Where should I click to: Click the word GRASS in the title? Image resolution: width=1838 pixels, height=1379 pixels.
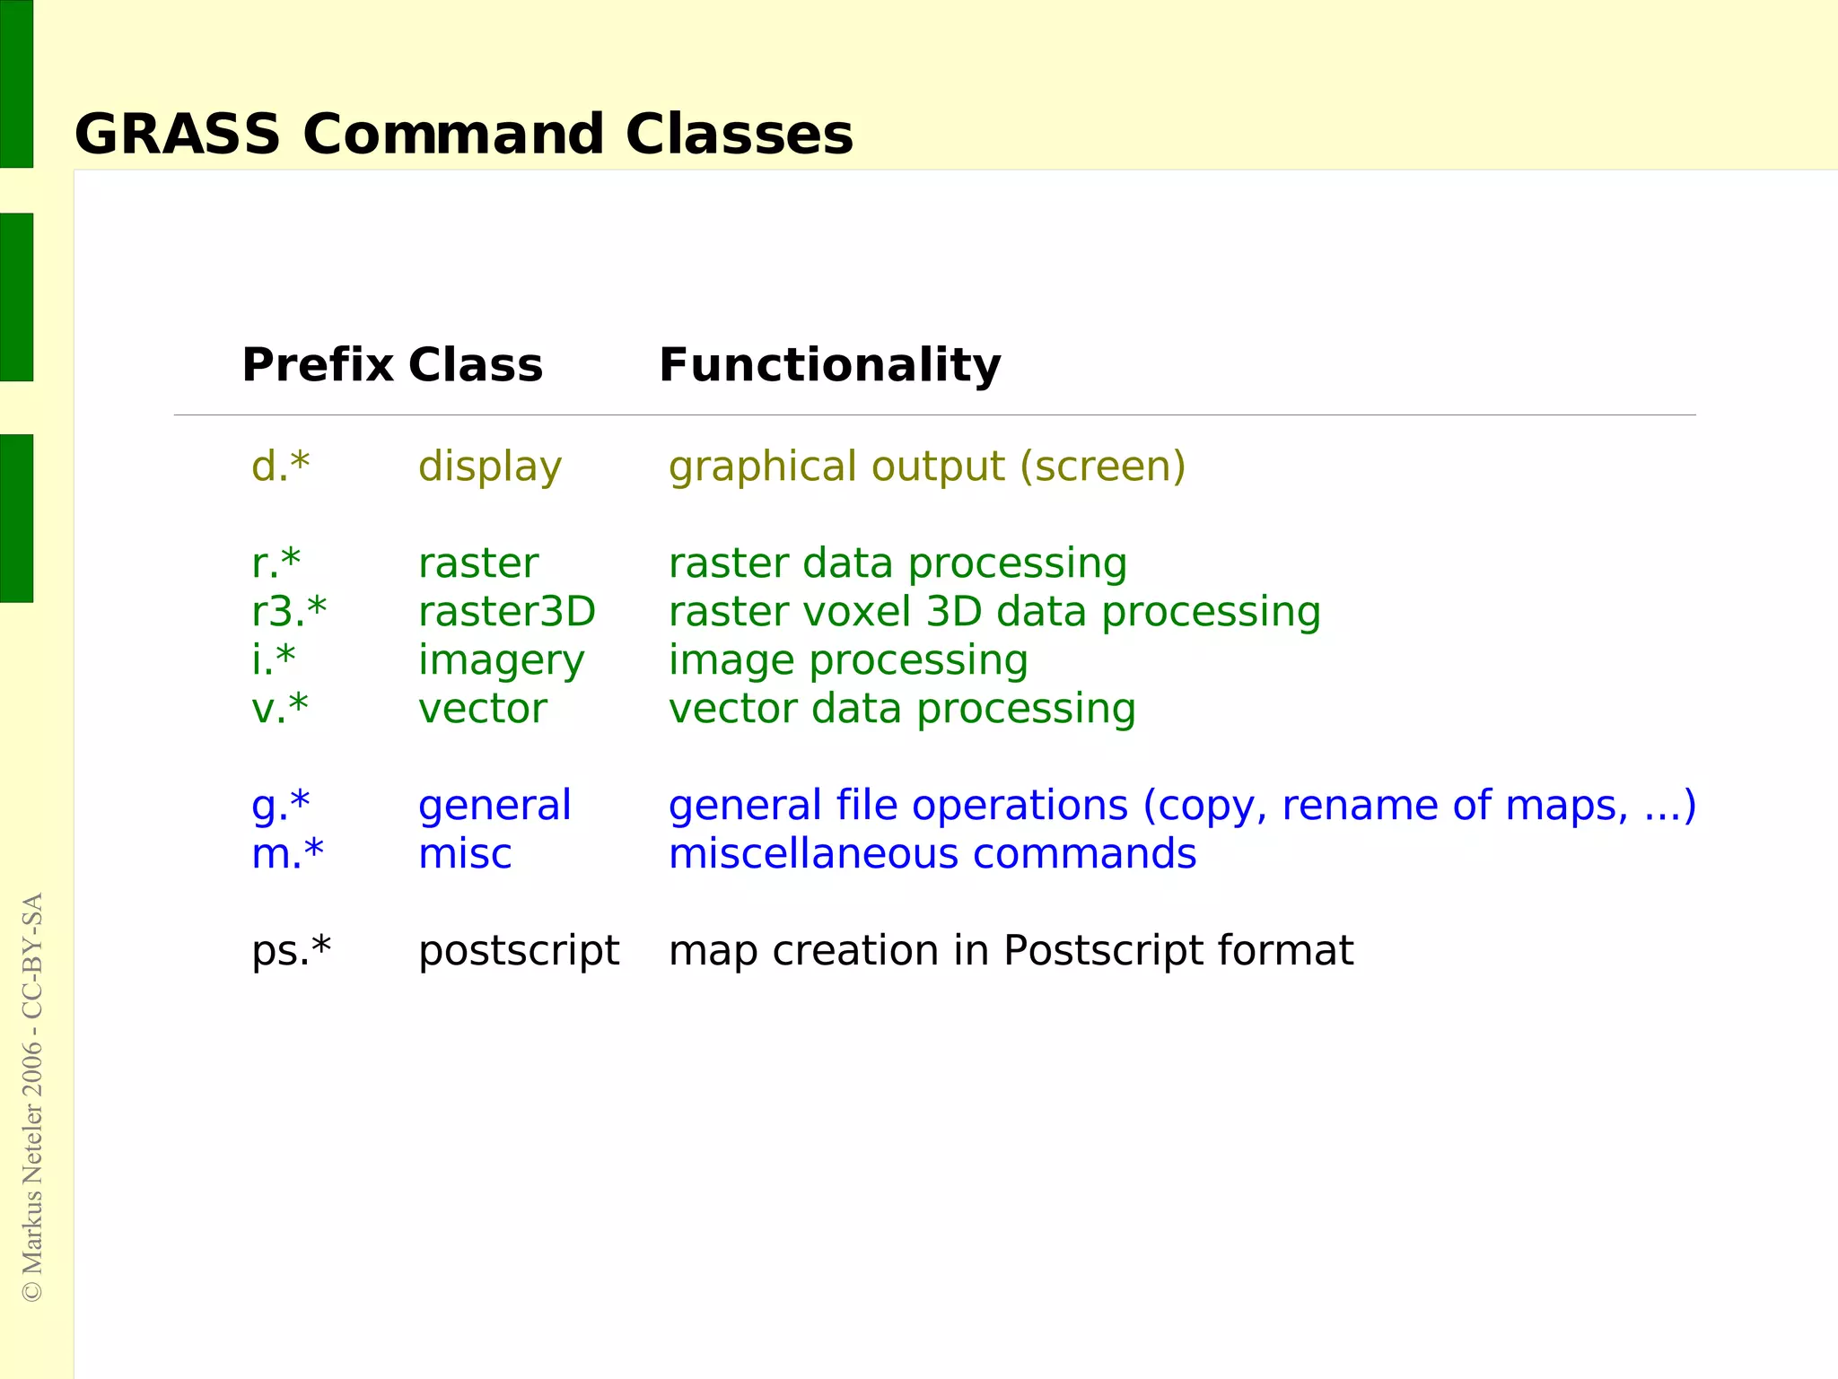[x=178, y=135]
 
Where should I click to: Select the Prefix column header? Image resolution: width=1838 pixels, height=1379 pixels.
[x=318, y=365]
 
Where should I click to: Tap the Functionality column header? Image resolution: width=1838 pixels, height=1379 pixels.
[x=829, y=365]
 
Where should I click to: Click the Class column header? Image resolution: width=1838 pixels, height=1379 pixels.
[x=476, y=365]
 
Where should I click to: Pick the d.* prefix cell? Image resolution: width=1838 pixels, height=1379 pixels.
[x=280, y=467]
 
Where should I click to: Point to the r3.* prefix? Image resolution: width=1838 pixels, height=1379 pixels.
[x=289, y=612]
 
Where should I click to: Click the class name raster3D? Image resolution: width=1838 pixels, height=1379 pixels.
[x=507, y=612]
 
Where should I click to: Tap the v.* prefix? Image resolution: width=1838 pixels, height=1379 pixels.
[x=279, y=709]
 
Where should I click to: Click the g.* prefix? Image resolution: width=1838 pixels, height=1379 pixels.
[x=280, y=806]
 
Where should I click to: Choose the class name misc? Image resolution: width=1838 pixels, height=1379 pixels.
[x=465, y=854]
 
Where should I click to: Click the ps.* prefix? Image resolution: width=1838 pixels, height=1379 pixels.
[x=291, y=951]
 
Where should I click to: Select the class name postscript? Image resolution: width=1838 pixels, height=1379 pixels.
[x=519, y=951]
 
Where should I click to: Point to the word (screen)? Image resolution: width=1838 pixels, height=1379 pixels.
[x=1102, y=467]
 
